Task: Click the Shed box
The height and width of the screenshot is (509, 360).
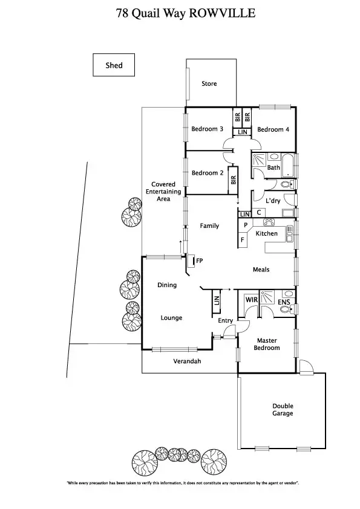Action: click(x=114, y=65)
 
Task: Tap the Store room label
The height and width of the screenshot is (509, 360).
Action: click(x=209, y=84)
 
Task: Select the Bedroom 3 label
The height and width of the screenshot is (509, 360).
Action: click(x=208, y=129)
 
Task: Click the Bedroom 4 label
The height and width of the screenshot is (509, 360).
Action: click(x=273, y=129)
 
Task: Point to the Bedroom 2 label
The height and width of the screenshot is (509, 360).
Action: click(x=208, y=173)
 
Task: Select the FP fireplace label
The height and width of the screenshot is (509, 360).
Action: click(x=199, y=261)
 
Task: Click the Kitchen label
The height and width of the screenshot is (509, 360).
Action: click(x=266, y=233)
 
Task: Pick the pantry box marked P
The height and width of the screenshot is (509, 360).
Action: click(x=245, y=225)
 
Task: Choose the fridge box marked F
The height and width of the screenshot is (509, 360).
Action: click(x=243, y=240)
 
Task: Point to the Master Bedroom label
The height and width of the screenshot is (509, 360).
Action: click(x=267, y=344)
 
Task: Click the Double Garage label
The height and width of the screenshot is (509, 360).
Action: click(x=283, y=409)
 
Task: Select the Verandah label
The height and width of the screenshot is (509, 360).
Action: click(x=186, y=361)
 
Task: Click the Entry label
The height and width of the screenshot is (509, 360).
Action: click(x=225, y=321)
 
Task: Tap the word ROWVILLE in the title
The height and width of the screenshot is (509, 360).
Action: click(x=222, y=13)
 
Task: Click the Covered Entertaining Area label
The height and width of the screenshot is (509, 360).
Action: click(x=163, y=192)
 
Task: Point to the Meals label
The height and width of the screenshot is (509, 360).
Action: click(x=261, y=270)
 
